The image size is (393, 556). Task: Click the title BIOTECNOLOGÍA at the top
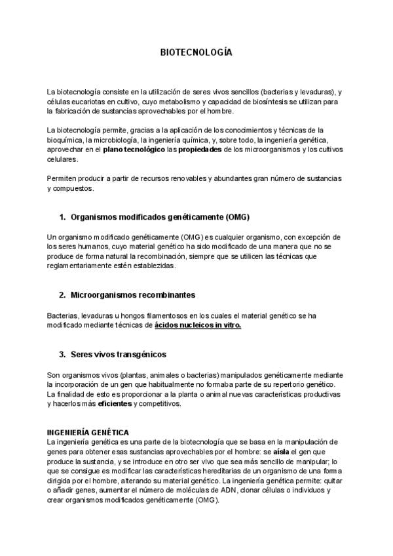click(196, 52)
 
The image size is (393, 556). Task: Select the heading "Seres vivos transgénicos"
click(118, 354)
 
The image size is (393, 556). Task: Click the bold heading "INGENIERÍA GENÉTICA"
click(88, 433)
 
